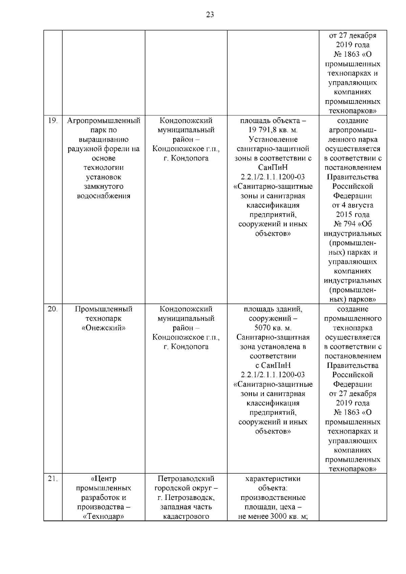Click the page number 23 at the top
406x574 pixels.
(210, 15)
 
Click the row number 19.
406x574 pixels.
(52, 121)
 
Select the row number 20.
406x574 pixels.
(52, 309)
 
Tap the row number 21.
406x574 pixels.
(52, 479)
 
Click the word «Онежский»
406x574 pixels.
(104, 328)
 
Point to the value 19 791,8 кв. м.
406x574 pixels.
(273, 130)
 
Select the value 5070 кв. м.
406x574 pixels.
(273, 328)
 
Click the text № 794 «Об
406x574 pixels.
(353, 224)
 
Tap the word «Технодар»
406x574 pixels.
(104, 516)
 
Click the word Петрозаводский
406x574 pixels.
(186, 479)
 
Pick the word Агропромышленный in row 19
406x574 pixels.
(104, 121)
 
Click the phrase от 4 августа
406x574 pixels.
(353, 205)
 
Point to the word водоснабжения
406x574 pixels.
(104, 196)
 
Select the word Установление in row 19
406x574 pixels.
(273, 139)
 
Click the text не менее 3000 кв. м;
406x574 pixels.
(273, 516)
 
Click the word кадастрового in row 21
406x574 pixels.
(186, 516)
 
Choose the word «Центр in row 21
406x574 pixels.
(104, 479)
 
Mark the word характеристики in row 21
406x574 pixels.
(273, 479)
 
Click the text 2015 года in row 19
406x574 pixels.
(353, 215)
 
